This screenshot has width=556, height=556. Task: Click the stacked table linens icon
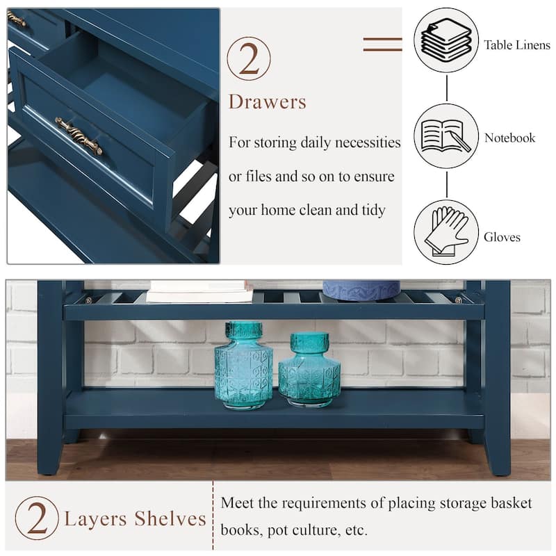(446, 40)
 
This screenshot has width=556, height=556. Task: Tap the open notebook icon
(445, 136)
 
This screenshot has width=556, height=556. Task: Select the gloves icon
(445, 231)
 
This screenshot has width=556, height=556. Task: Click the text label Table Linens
(517, 45)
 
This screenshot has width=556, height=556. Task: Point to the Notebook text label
(510, 138)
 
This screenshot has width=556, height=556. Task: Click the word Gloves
(502, 237)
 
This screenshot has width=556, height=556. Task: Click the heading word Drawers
(267, 101)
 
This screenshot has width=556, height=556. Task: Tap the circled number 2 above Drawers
(249, 58)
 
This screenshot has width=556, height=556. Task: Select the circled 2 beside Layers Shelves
(37, 518)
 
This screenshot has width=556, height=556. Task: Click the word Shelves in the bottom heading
(170, 518)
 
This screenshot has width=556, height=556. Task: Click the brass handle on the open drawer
(79, 136)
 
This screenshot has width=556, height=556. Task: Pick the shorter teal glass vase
(309, 370)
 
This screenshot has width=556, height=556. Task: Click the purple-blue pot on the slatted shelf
(361, 291)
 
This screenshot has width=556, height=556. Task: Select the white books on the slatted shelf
(201, 291)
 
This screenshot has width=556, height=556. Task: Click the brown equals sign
(383, 44)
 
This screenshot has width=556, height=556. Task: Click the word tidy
(374, 211)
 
